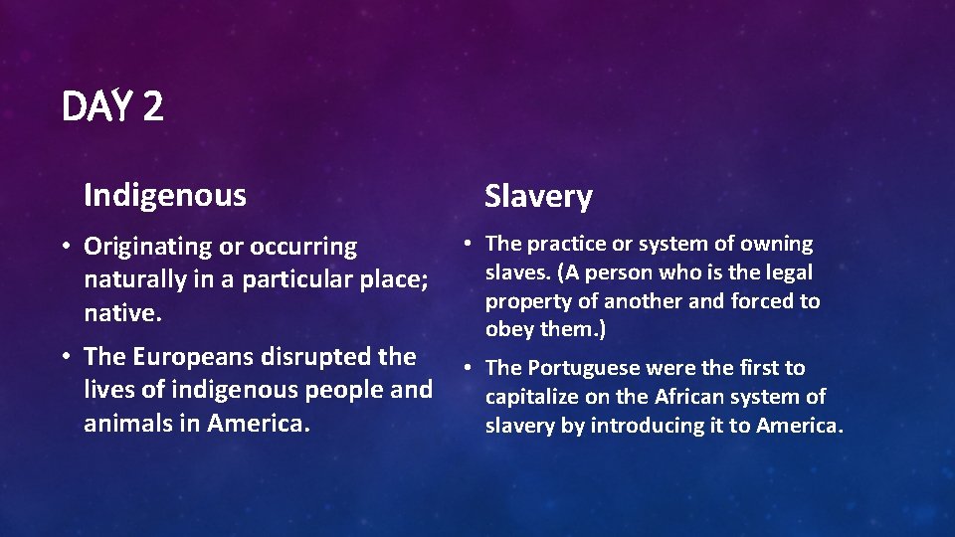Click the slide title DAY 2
click(112, 106)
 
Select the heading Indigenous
click(165, 195)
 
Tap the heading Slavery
click(538, 197)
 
